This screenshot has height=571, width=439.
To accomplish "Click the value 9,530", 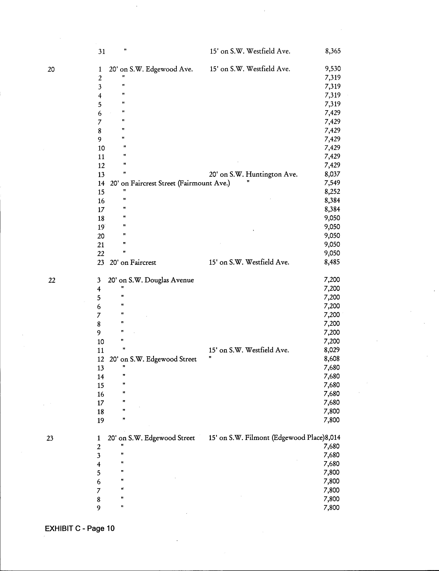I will (333, 69).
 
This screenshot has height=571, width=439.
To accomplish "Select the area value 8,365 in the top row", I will (333, 51).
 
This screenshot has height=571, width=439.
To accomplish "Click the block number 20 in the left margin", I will (51, 69).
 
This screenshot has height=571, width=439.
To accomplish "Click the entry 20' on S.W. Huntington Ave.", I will (253, 174).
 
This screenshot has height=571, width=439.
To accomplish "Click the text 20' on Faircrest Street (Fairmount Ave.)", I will (170, 183).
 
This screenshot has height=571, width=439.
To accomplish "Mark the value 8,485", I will (332, 262).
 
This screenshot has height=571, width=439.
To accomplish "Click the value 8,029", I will (332, 350).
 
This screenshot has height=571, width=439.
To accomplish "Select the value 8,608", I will (332, 359).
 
